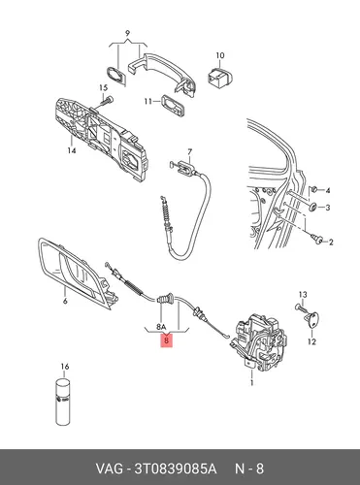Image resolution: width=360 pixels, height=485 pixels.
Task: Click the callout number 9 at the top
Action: click(127, 33)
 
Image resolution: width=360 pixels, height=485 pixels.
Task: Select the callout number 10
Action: click(220, 55)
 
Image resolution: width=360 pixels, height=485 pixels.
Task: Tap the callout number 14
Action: click(72, 150)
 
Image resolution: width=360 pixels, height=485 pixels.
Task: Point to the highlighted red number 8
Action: click(167, 340)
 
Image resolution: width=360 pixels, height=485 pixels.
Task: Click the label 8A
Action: click(161, 327)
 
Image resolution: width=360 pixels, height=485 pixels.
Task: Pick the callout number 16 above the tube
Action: click(65, 367)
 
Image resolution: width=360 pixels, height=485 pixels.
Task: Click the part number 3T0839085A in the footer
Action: click(175, 469)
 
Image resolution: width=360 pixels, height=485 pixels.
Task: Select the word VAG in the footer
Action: click(109, 469)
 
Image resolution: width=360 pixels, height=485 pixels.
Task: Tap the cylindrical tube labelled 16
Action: click(63, 402)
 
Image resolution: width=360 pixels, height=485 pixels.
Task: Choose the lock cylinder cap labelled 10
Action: click(221, 77)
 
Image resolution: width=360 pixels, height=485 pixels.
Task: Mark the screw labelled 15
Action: click(106, 102)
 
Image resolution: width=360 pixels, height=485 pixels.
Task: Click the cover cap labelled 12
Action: click(311, 319)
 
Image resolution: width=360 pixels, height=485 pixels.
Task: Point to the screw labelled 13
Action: click(300, 307)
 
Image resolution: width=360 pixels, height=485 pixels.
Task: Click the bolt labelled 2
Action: click(316, 239)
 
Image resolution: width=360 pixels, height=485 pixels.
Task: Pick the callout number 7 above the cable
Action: click(189, 151)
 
